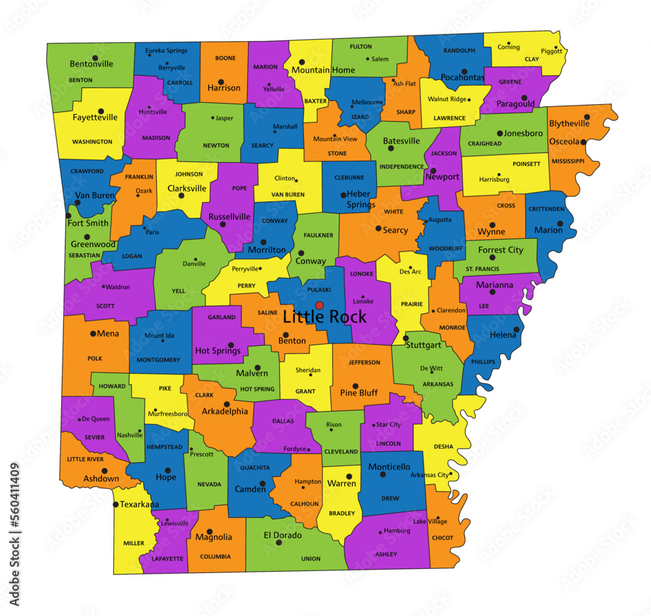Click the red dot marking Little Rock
click(x=319, y=305)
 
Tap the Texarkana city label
click(x=139, y=504)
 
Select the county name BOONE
click(x=225, y=58)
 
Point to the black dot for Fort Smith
click(x=68, y=216)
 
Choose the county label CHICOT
click(x=443, y=538)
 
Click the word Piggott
click(x=551, y=50)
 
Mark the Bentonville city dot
click(x=95, y=58)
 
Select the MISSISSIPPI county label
click(x=568, y=160)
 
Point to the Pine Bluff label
click(x=359, y=393)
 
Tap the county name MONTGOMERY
click(x=158, y=359)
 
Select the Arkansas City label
click(x=430, y=475)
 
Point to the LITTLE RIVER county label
click(x=85, y=459)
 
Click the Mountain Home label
click(x=323, y=70)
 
